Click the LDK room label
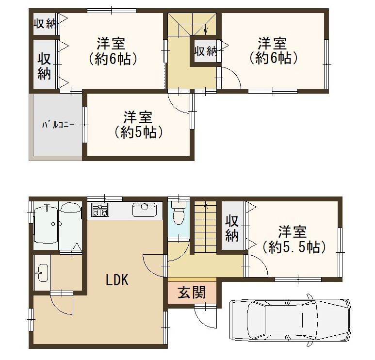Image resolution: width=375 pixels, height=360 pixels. click(x=117, y=280)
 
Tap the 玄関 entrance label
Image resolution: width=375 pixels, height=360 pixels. click(x=192, y=292)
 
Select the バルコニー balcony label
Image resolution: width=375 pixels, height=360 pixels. click(x=58, y=125)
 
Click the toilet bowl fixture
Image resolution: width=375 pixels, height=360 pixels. click(x=179, y=213)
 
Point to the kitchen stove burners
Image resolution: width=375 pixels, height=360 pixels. click(x=100, y=210)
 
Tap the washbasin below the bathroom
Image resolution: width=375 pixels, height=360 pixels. click(x=42, y=273)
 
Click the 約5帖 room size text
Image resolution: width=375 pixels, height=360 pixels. click(x=139, y=132)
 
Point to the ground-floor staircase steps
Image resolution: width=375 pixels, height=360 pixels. click(x=205, y=228)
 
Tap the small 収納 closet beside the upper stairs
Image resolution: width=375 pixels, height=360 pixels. click(x=205, y=51)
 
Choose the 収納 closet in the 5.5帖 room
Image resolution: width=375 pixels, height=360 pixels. click(x=232, y=228)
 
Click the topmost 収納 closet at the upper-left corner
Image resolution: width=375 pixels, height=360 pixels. click(x=45, y=23)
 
